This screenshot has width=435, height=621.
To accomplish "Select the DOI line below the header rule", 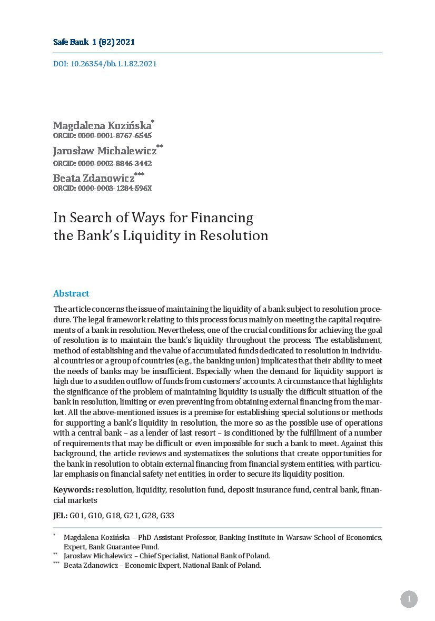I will tap(105, 64).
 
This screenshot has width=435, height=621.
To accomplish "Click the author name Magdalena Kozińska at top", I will tap(102, 126).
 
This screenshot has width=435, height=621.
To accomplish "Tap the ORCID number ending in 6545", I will tap(102, 136).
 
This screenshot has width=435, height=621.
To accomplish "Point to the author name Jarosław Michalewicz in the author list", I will tap(105, 151).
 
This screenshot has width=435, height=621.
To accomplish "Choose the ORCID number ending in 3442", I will tap(102, 163).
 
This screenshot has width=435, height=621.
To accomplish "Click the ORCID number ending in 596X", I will tap(102, 188).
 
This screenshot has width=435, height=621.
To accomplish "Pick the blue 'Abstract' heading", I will tap(71, 293).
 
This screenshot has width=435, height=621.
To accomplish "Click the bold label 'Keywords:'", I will tap(74, 490).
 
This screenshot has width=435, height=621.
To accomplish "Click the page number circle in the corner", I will tap(409, 599).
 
